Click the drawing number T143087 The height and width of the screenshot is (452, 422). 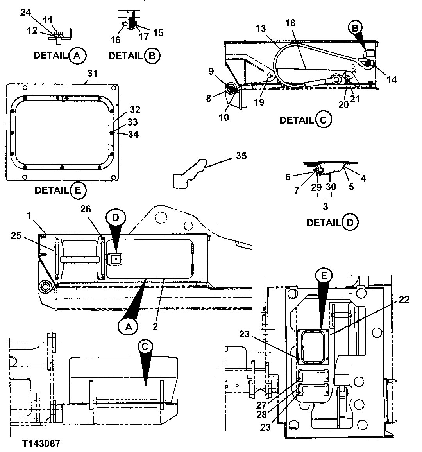(x=41, y=443)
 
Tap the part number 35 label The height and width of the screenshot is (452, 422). (x=241, y=156)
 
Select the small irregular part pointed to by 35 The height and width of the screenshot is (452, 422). (x=189, y=175)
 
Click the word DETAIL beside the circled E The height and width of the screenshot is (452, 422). (x=52, y=190)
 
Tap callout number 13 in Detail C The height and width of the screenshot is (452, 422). (x=261, y=28)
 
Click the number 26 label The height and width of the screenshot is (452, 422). (x=86, y=209)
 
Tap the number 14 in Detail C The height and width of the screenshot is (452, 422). (x=392, y=79)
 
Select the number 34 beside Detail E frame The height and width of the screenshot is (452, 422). (x=133, y=134)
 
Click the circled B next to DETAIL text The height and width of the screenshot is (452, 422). (x=152, y=56)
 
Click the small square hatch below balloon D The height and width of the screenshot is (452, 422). (x=115, y=258)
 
